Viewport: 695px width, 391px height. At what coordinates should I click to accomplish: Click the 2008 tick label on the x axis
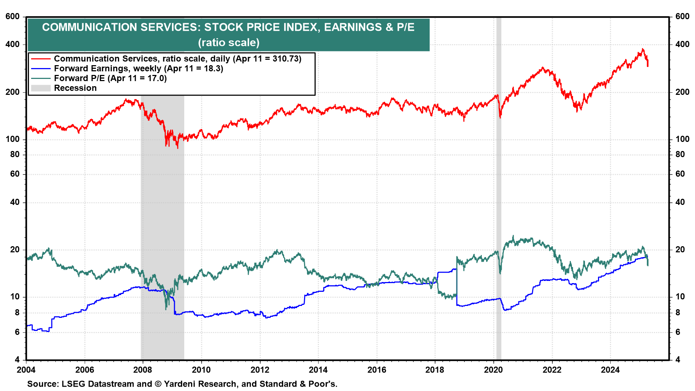(x=143, y=370)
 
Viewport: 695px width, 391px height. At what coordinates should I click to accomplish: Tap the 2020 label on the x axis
(x=493, y=370)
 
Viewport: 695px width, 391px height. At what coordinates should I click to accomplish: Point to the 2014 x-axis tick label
(x=318, y=370)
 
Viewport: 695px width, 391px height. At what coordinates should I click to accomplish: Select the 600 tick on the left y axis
(x=13, y=16)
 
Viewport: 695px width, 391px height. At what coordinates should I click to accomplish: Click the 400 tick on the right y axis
(x=682, y=44)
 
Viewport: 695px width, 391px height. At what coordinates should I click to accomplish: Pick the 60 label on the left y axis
(x=15, y=174)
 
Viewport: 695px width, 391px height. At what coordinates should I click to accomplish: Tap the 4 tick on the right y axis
(x=678, y=360)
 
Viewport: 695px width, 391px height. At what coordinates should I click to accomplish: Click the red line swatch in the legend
(x=41, y=59)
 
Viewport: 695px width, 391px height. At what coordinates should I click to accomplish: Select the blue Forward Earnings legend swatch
(x=41, y=68)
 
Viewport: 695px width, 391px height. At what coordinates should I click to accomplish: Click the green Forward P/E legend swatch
(x=41, y=78)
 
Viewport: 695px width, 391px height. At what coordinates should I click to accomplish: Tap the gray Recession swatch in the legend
(x=41, y=88)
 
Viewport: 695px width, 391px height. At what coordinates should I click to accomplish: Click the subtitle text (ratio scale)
(x=229, y=43)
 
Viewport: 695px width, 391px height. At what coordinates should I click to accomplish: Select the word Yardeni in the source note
(x=181, y=384)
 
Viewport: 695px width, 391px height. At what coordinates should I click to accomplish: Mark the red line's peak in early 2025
(x=643, y=49)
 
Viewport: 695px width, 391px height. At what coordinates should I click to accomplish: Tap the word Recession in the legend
(x=75, y=88)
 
